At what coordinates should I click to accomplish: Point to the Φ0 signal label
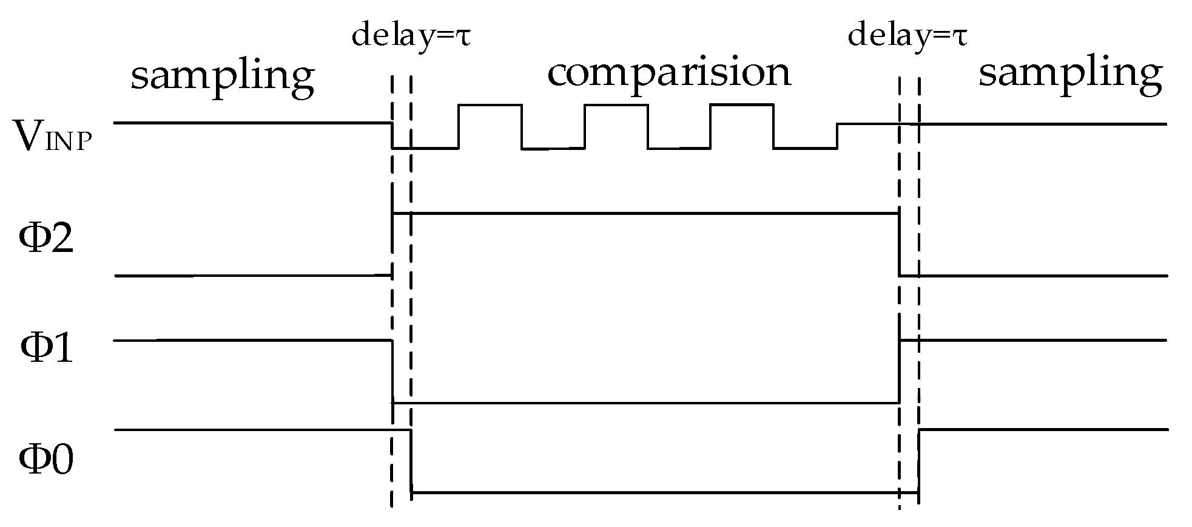[46, 460]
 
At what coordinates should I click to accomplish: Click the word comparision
[669, 74]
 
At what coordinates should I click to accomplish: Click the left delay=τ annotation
[411, 36]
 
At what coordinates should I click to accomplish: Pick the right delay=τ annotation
[907, 36]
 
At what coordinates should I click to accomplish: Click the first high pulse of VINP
[490, 106]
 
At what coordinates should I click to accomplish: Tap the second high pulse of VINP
[616, 106]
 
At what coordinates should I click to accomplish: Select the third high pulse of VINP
[741, 106]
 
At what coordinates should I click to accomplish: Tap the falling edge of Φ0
[412, 461]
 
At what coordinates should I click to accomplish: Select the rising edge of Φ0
[918, 461]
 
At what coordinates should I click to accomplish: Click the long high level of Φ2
[646, 213]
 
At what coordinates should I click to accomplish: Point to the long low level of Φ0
[664, 493]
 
